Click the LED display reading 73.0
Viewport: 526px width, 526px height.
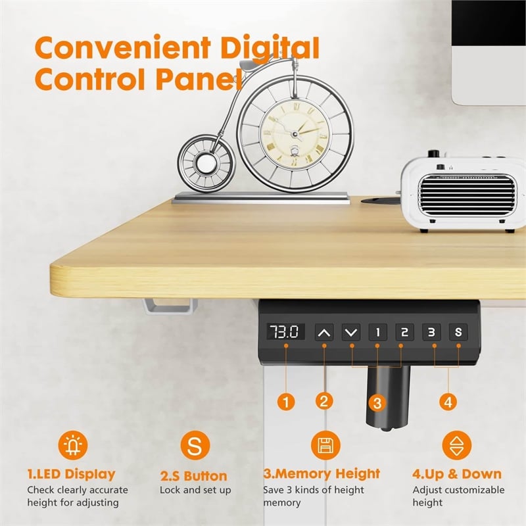coord(286,332)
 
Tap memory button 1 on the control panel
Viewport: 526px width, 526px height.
coord(377,332)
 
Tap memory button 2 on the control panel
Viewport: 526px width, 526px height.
coord(404,332)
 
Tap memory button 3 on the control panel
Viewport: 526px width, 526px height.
coord(431,332)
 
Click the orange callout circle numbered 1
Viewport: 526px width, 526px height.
coord(286,400)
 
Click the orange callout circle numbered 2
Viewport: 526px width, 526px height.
coord(323,400)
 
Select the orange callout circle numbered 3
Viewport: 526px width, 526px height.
coord(374,402)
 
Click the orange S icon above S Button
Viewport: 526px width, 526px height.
coord(195,446)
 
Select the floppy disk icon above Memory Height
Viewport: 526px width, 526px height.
coord(323,445)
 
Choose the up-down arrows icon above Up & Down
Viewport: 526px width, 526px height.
coord(456,445)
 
